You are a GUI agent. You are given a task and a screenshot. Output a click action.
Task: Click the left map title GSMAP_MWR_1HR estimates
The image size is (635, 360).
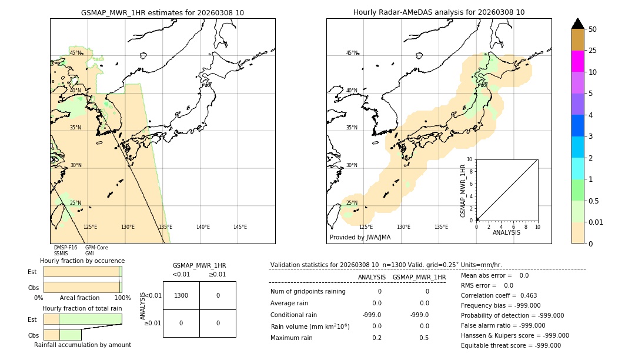[x=162, y=12]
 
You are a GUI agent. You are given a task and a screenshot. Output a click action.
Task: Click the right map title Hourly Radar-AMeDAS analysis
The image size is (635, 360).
[x=439, y=12]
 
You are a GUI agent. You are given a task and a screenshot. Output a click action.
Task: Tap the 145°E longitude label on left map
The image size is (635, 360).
[x=240, y=227]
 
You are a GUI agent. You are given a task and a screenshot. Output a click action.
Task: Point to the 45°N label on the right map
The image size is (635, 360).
[x=352, y=53]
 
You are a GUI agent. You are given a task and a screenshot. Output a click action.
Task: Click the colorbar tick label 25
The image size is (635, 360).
[x=593, y=51]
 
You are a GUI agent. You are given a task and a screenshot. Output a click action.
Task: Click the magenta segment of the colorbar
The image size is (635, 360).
[x=578, y=61]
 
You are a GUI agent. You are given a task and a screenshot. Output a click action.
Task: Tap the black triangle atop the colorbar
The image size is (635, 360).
[x=578, y=24]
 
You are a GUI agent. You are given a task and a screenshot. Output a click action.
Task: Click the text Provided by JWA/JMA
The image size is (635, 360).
[x=360, y=238]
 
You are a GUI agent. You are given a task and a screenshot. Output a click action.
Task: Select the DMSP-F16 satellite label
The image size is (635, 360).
[x=65, y=248]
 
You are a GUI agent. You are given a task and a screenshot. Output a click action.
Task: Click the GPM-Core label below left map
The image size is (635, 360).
[x=96, y=248]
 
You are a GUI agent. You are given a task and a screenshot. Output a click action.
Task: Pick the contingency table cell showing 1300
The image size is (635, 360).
[x=181, y=295]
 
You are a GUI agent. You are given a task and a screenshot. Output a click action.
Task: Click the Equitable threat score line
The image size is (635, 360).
[x=510, y=345]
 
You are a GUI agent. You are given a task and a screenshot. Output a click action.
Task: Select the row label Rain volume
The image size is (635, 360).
[x=310, y=326]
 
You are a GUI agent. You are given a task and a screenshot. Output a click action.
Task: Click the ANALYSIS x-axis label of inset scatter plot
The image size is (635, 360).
[x=506, y=232]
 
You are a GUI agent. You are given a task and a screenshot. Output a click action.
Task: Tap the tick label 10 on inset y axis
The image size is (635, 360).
[x=469, y=159]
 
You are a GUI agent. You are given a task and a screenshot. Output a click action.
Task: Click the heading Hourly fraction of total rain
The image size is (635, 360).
[x=82, y=308]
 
